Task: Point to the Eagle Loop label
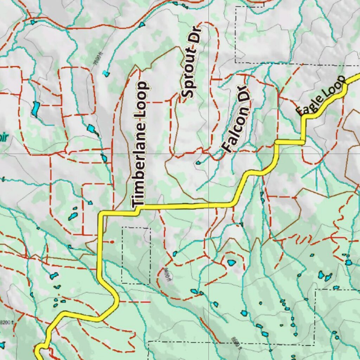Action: (321, 96)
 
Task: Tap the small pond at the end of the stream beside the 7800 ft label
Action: (106, 74)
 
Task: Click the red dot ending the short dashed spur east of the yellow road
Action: (112, 242)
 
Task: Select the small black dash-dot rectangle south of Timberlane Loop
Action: (136, 256)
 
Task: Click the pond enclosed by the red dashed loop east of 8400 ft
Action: (231, 263)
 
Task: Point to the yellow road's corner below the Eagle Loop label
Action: (303, 142)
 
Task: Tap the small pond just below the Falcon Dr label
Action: (198, 162)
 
